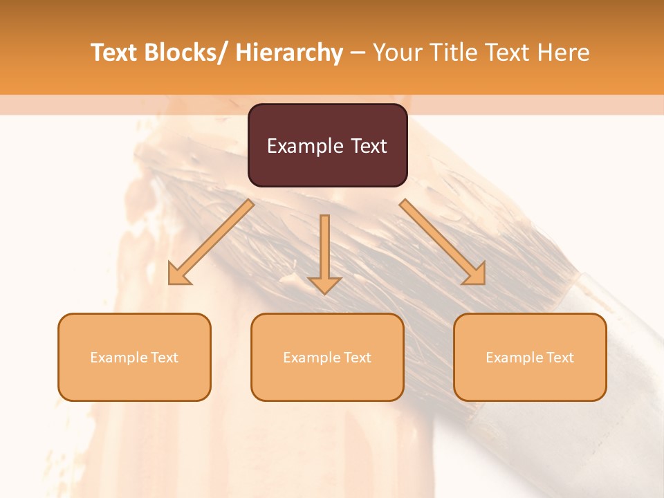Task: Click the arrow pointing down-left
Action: pyautogui.click(x=211, y=243)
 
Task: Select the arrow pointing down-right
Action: pyautogui.click(x=443, y=243)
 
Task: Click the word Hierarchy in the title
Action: pyautogui.click(x=289, y=53)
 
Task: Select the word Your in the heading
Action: pyautogui.click(x=397, y=53)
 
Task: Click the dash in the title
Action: pyautogui.click(x=358, y=53)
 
